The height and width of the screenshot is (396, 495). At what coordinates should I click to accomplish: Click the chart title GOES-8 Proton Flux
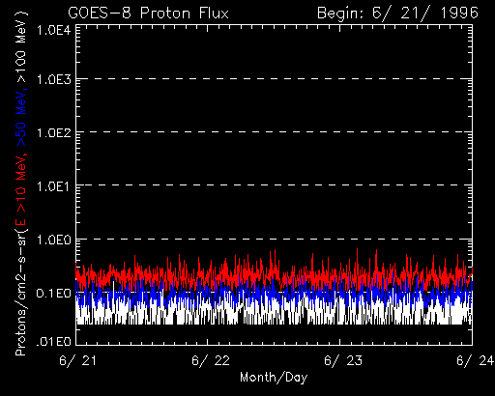[148, 14]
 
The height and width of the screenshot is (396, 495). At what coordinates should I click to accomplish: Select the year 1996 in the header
[459, 14]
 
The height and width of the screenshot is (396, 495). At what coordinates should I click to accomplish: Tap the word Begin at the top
[342, 14]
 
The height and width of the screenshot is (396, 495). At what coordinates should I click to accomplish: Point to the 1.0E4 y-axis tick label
[53, 31]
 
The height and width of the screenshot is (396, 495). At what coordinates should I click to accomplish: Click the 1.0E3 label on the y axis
[53, 79]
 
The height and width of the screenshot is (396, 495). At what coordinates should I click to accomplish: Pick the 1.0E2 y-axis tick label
[53, 132]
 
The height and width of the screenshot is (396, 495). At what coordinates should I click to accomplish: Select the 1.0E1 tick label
[53, 185]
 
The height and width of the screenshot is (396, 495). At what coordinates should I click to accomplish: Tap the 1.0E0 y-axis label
[53, 240]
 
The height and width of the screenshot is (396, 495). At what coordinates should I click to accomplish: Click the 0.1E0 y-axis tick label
[53, 293]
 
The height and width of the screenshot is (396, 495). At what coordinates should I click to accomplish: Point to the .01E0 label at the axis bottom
[53, 341]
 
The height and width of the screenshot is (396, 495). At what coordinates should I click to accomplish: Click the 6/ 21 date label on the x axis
[78, 360]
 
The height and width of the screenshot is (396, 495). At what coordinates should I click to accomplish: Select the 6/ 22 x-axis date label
[211, 360]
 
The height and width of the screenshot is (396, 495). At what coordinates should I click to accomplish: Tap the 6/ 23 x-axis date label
[343, 360]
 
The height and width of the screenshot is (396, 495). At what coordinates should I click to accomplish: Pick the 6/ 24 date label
[475, 360]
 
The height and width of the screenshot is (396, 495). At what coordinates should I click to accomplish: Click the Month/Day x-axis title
[274, 378]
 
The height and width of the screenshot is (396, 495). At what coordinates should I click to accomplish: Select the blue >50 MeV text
[21, 119]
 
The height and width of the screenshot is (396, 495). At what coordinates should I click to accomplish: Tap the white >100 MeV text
[21, 47]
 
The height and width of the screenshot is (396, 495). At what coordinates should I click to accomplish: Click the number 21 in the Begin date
[414, 14]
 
